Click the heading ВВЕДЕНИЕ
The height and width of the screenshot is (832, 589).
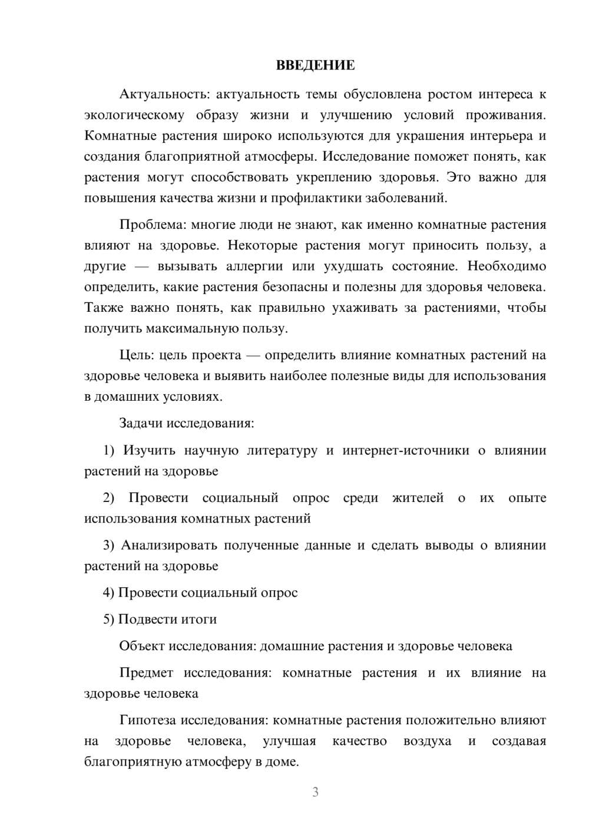(315, 65)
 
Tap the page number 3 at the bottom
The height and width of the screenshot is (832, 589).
(315, 792)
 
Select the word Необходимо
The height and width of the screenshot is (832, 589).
(507, 266)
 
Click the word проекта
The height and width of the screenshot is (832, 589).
(219, 355)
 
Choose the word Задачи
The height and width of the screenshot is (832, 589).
(141, 423)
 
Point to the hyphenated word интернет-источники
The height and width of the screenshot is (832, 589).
(406, 451)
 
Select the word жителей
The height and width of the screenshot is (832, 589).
(418, 498)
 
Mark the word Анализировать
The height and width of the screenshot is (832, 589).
(160, 545)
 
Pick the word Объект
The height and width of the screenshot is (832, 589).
(142, 646)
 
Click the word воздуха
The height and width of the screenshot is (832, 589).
(427, 741)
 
